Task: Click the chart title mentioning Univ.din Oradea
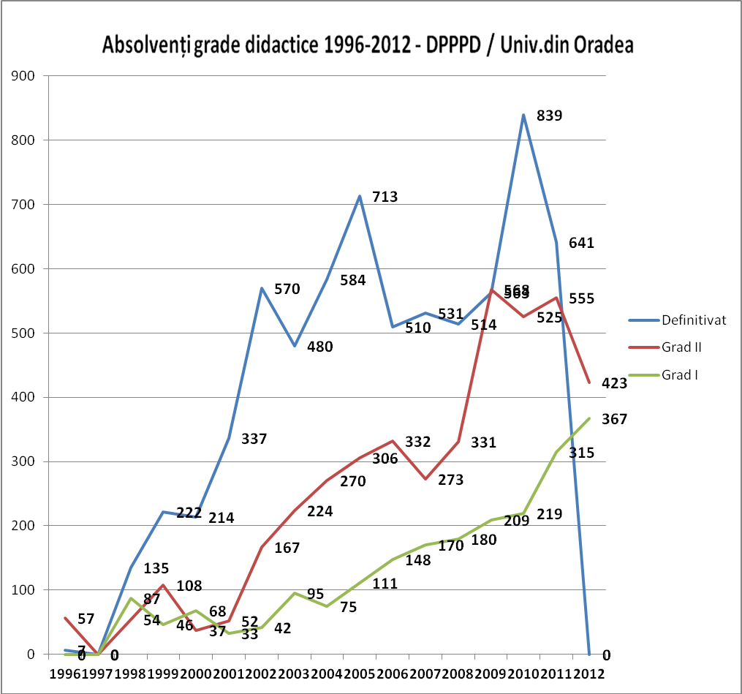point(368,45)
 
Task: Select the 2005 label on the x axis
point(360,673)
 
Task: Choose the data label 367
point(615,419)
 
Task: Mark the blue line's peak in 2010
point(523,115)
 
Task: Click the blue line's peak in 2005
point(360,196)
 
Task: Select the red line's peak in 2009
point(491,290)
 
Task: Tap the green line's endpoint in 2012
point(589,418)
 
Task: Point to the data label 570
point(288,288)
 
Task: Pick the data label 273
point(450,480)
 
